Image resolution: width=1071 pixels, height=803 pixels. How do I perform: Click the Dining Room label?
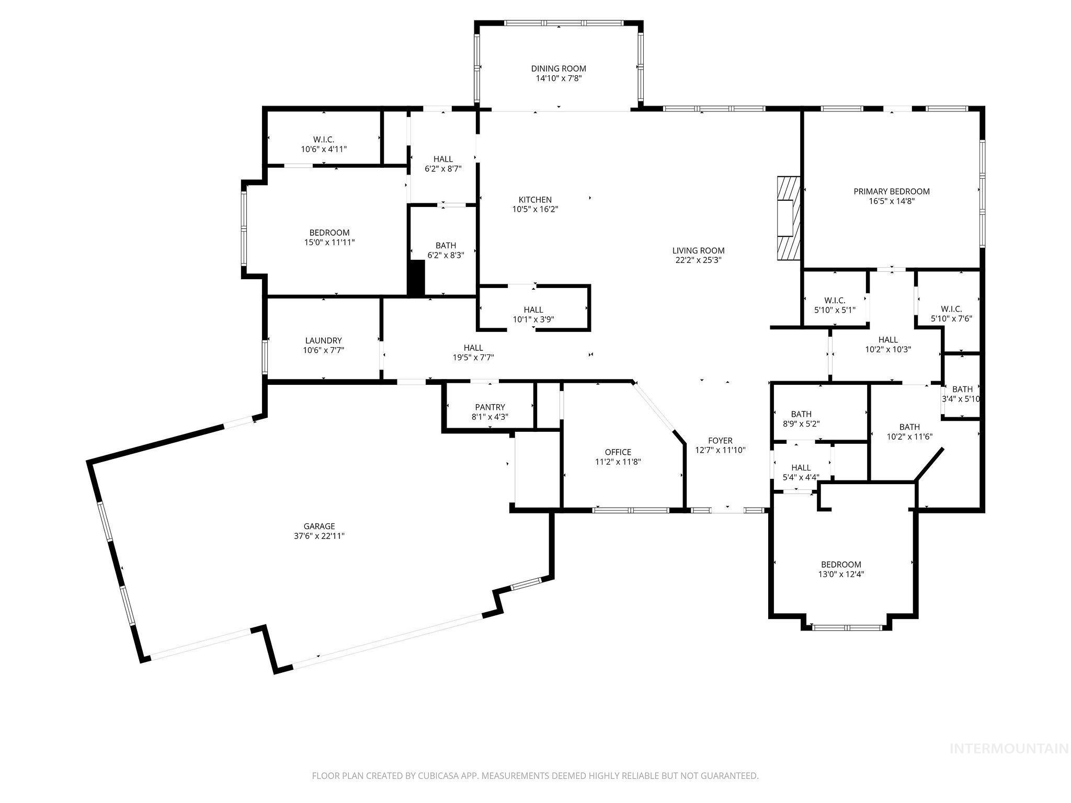click(558, 68)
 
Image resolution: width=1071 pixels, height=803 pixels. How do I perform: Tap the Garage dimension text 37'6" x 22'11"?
click(319, 536)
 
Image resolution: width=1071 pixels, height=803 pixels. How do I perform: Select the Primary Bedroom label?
click(891, 191)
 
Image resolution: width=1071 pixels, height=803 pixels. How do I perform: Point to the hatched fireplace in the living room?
click(788, 218)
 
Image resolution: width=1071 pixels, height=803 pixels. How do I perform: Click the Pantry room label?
click(490, 407)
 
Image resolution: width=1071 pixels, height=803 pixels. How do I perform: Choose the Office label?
click(618, 452)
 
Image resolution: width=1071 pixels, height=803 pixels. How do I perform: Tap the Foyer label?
click(720, 441)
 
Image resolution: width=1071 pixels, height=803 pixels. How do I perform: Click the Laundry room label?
click(323, 340)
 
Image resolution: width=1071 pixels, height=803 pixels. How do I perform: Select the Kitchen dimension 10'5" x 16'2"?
click(534, 210)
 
